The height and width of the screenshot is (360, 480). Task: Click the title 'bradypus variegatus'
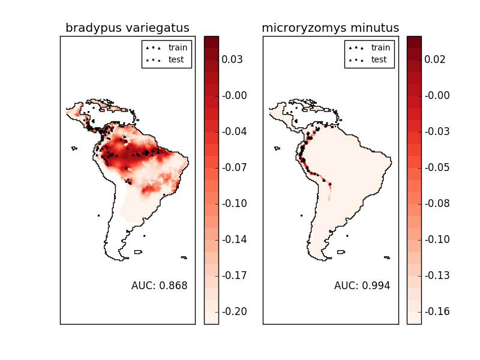(127, 28)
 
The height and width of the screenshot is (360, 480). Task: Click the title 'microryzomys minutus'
(330, 28)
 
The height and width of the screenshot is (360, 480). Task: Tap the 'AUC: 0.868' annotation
(159, 286)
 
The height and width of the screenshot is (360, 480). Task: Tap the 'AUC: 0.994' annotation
(362, 286)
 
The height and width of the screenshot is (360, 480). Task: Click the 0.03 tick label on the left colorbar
(232, 59)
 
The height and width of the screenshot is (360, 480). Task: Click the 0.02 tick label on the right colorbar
(435, 59)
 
